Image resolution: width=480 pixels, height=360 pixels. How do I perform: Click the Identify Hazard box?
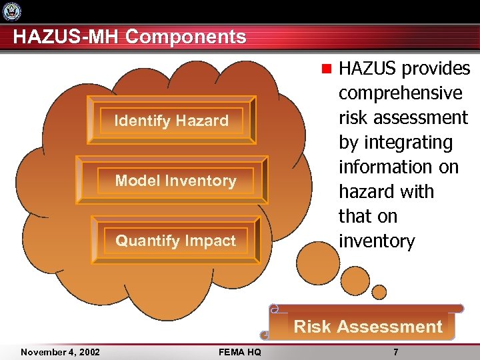click(171, 121)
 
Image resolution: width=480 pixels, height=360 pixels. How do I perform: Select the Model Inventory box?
click(175, 180)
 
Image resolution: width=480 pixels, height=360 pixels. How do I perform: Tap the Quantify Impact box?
click(175, 241)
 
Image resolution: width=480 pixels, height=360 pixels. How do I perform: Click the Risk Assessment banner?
click(368, 326)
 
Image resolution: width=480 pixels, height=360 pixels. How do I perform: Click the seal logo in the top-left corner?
click(12, 11)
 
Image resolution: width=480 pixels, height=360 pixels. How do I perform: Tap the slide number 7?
click(396, 352)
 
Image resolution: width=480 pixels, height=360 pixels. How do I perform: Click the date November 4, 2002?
click(60, 352)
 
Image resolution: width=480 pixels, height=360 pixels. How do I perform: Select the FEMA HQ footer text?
click(239, 352)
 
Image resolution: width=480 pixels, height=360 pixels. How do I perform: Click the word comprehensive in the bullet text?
click(400, 93)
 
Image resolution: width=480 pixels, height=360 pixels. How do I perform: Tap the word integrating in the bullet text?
click(395, 142)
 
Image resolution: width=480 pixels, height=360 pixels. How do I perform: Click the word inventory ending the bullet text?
click(377, 241)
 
